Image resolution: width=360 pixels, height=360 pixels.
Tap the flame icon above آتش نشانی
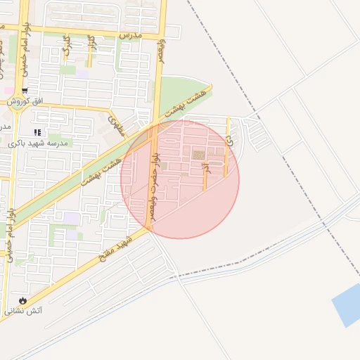click(23, 300)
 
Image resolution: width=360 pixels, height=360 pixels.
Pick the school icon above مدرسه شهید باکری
click(37, 132)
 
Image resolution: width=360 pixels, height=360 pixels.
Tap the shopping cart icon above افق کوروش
click(25, 91)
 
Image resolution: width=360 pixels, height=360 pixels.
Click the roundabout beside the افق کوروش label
click(14, 103)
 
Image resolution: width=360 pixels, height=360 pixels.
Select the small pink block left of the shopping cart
click(7, 90)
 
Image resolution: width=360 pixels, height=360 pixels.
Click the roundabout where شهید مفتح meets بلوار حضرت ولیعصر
click(150, 231)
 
